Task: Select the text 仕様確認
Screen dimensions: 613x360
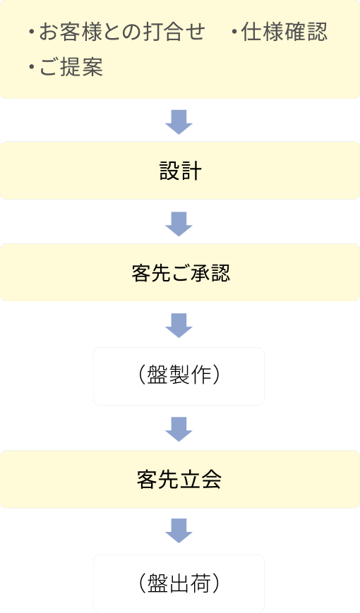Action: click(284, 32)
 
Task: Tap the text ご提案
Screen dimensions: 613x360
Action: click(71, 68)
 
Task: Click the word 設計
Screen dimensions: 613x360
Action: click(180, 171)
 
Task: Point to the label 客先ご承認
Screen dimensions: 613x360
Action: click(180, 273)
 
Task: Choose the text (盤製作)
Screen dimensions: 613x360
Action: click(179, 375)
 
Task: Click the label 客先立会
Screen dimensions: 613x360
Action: click(179, 480)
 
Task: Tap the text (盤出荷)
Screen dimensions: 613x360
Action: click(179, 583)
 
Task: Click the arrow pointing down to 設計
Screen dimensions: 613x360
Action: click(179, 121)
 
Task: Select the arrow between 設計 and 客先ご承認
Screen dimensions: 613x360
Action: click(179, 223)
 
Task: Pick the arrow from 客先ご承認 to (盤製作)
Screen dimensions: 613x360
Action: click(179, 325)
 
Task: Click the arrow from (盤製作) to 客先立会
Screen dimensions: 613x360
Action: click(179, 429)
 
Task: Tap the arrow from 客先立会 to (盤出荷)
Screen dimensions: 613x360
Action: click(179, 531)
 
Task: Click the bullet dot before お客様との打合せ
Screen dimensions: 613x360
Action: click(32, 32)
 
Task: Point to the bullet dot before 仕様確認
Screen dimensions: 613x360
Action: click(234, 32)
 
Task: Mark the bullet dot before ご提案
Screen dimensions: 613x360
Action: click(32, 68)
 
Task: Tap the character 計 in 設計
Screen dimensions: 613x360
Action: click(191, 171)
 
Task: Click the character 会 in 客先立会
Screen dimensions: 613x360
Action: click(212, 480)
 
